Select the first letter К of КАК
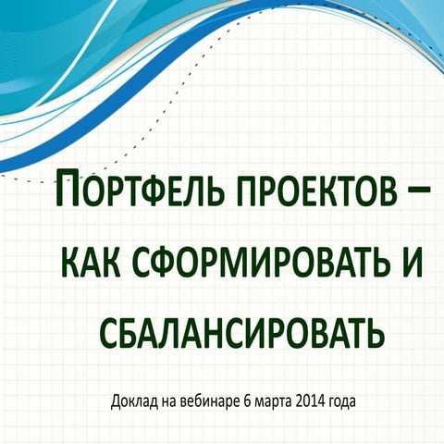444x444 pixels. (68, 264)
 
